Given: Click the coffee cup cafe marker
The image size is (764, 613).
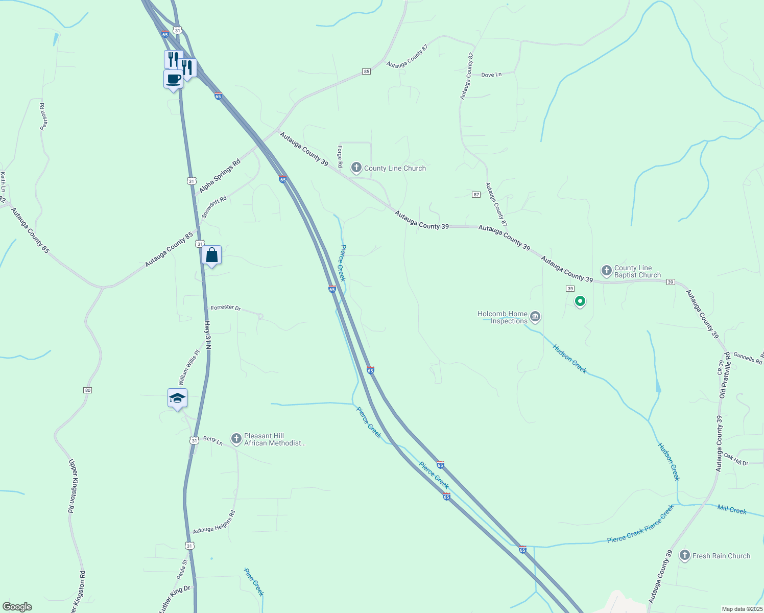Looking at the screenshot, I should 173,80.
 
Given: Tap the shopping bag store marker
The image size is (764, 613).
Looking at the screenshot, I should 211,255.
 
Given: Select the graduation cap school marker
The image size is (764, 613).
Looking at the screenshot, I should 177,398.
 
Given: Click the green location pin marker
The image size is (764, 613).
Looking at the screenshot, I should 580,301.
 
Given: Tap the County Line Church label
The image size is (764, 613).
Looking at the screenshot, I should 395,168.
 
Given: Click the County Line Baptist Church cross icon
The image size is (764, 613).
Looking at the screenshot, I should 606,271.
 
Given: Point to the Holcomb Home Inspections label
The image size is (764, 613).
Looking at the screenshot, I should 503,317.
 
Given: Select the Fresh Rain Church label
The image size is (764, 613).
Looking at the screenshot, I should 721,556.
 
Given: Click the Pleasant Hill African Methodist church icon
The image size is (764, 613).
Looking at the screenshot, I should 236,439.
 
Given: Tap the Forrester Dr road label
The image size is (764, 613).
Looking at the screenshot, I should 226,308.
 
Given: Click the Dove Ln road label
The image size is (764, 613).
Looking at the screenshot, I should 491,75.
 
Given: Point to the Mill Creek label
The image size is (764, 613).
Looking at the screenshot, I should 732,509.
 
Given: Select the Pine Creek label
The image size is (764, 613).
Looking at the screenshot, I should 254,582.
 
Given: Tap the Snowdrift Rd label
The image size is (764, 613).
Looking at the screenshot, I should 214,207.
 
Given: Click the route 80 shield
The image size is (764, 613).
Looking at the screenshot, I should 87,390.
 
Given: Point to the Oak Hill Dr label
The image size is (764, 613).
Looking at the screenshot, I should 736,459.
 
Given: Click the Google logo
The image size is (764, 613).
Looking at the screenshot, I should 18,607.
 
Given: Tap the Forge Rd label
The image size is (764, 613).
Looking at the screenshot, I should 340,156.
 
